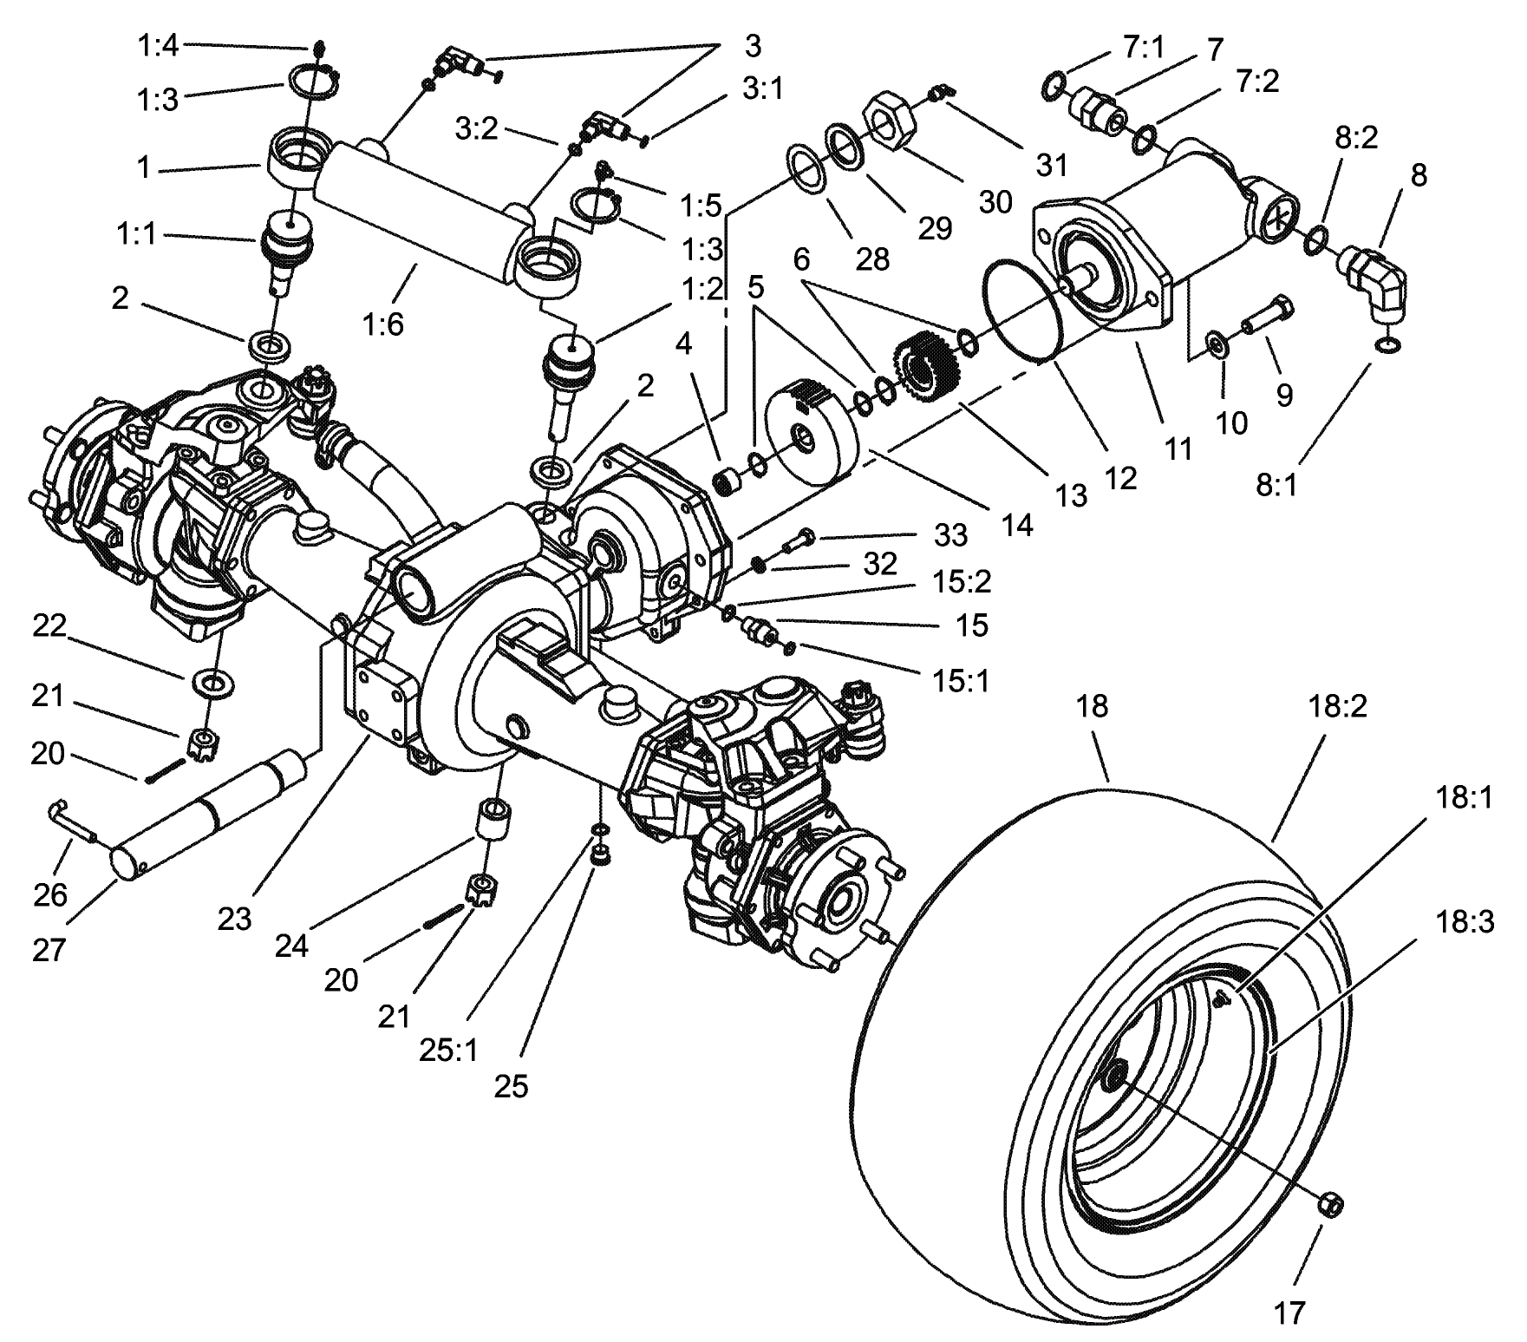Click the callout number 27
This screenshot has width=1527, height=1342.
click(x=49, y=950)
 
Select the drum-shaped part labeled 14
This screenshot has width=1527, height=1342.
click(x=812, y=429)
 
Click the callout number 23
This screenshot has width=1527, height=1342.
click(x=234, y=918)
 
